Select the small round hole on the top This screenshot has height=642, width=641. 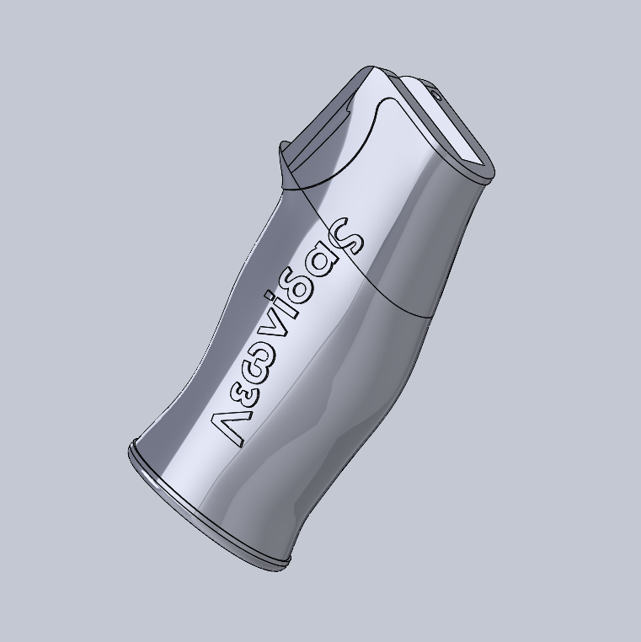[x=438, y=94]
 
